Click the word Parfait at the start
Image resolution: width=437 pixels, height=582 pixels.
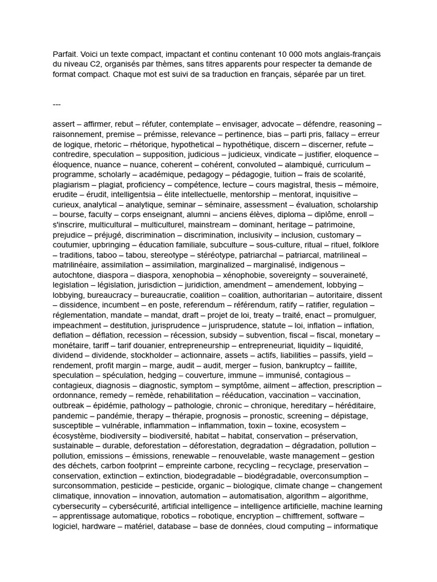pos(65,54)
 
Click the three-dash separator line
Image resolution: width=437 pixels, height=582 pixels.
pos(56,104)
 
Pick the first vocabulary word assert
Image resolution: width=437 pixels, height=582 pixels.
pos(64,124)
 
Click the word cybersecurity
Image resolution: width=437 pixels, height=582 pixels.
pos(79,506)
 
